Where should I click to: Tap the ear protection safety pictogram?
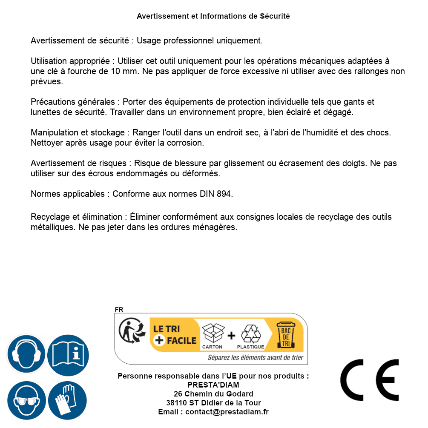tap(26, 354)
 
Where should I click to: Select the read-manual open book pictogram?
tap(68, 354)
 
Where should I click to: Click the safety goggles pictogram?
tap(26, 400)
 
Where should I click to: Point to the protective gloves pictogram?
tap(67, 400)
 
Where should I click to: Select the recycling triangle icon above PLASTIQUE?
tap(250, 333)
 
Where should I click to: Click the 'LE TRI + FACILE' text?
tap(175, 334)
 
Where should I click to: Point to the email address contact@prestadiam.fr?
tap(227, 412)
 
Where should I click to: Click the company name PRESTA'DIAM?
tap(213, 385)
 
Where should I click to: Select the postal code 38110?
tap(175, 403)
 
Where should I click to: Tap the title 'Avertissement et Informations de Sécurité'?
tap(213, 16)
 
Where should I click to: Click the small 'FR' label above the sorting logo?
tap(119, 310)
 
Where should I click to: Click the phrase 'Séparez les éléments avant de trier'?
tap(255, 357)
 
